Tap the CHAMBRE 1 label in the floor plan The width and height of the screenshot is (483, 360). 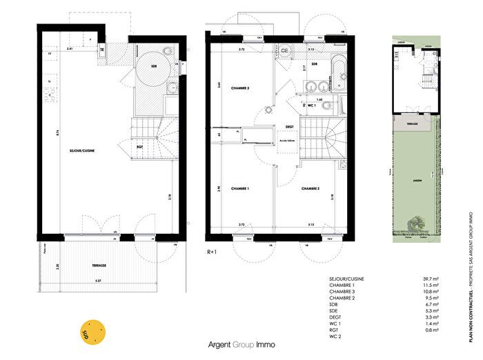(239, 188)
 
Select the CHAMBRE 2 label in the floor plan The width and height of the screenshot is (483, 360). (310, 188)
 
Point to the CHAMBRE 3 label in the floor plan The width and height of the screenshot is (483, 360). (239, 88)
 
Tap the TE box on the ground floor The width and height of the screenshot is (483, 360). (102, 50)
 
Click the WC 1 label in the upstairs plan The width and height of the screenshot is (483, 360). (311, 106)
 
